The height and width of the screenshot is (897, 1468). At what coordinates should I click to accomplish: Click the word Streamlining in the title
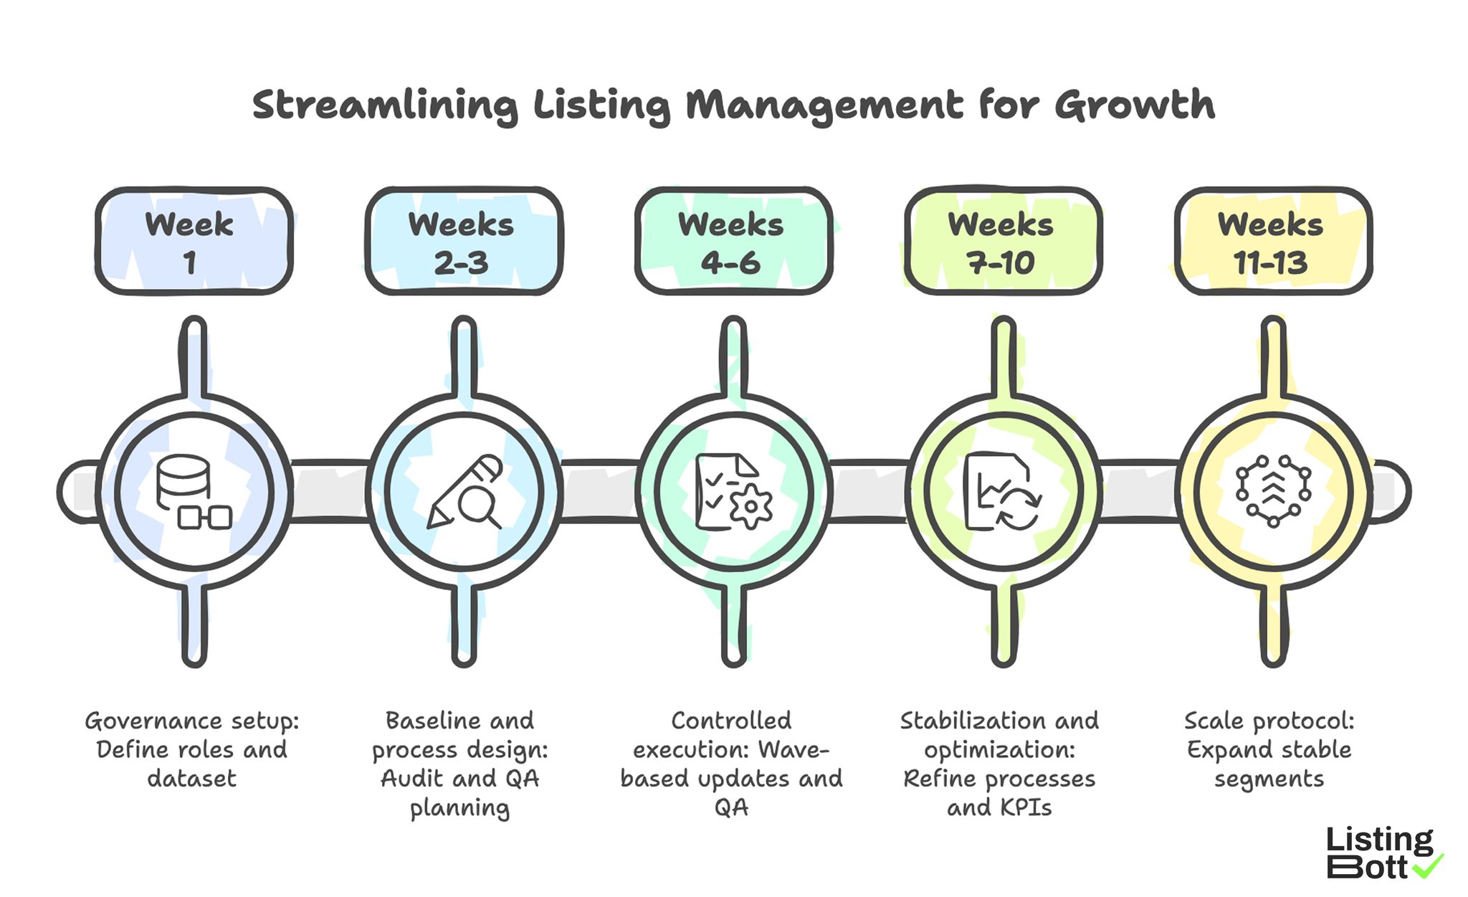pos(384,105)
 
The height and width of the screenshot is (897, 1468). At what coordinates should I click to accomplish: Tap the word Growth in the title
pos(1134,105)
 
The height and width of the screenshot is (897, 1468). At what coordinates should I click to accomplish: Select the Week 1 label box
pos(194,242)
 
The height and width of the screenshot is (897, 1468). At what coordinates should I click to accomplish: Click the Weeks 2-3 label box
pos(463,242)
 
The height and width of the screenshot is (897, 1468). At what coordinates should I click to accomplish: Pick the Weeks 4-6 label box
pos(733,242)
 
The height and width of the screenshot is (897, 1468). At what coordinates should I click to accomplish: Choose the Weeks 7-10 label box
pos(1002,242)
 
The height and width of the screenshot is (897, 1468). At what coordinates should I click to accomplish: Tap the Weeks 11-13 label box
pos(1272,242)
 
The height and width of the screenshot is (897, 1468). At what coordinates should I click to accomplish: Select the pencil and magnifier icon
pos(464,492)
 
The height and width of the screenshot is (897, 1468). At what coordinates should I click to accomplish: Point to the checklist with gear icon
pos(733,492)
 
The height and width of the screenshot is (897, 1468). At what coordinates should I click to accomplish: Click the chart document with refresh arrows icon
pos(1001,492)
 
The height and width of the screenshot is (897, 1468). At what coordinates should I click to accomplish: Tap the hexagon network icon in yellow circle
pos(1273,492)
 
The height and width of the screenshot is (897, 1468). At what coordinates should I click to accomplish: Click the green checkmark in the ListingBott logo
pos(1428,866)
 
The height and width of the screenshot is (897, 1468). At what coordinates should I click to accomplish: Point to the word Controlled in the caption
pos(731,721)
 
